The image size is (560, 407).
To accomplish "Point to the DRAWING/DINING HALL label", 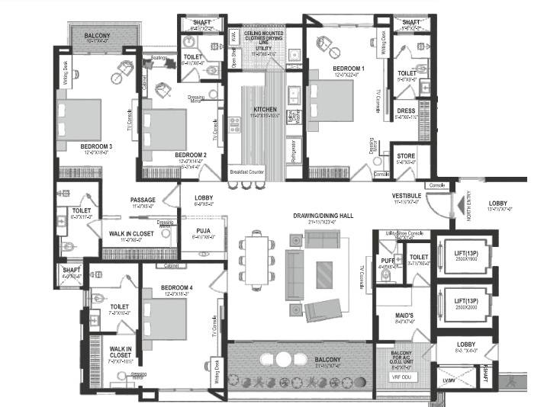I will (x=323, y=216).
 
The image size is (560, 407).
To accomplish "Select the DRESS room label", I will (x=405, y=111).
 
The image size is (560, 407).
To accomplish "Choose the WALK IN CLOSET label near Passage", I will (x=130, y=233).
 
